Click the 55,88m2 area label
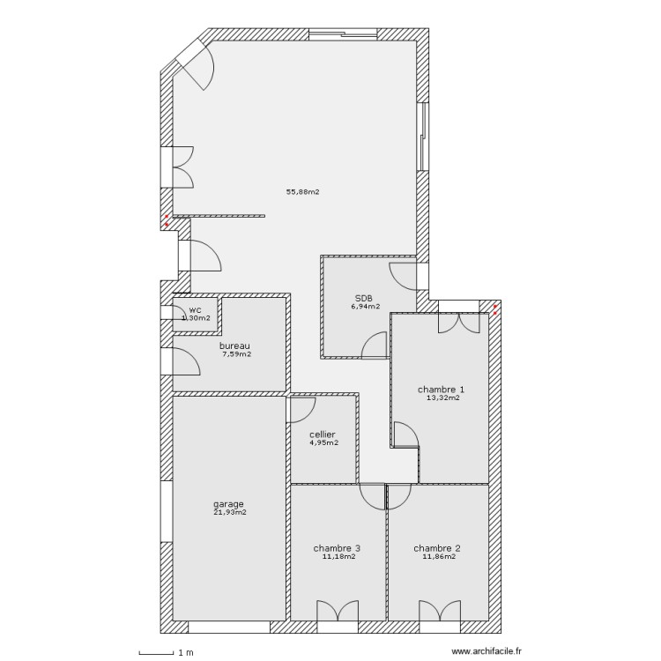pyautogui.click(x=302, y=192)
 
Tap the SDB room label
pyautogui.click(x=364, y=299)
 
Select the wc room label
pyautogui.click(x=196, y=310)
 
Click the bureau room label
pyautogui.click(x=235, y=345)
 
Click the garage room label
pyautogui.click(x=228, y=504)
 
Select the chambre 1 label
pyautogui.click(x=440, y=389)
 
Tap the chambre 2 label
pyautogui.click(x=437, y=547)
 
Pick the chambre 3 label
pyautogui.click(x=337, y=547)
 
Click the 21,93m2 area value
pyautogui.click(x=229, y=512)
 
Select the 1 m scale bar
pyautogui.click(x=156, y=652)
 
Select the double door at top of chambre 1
pyautogui.click(x=461, y=322)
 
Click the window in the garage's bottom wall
pyautogui.click(x=229, y=628)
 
